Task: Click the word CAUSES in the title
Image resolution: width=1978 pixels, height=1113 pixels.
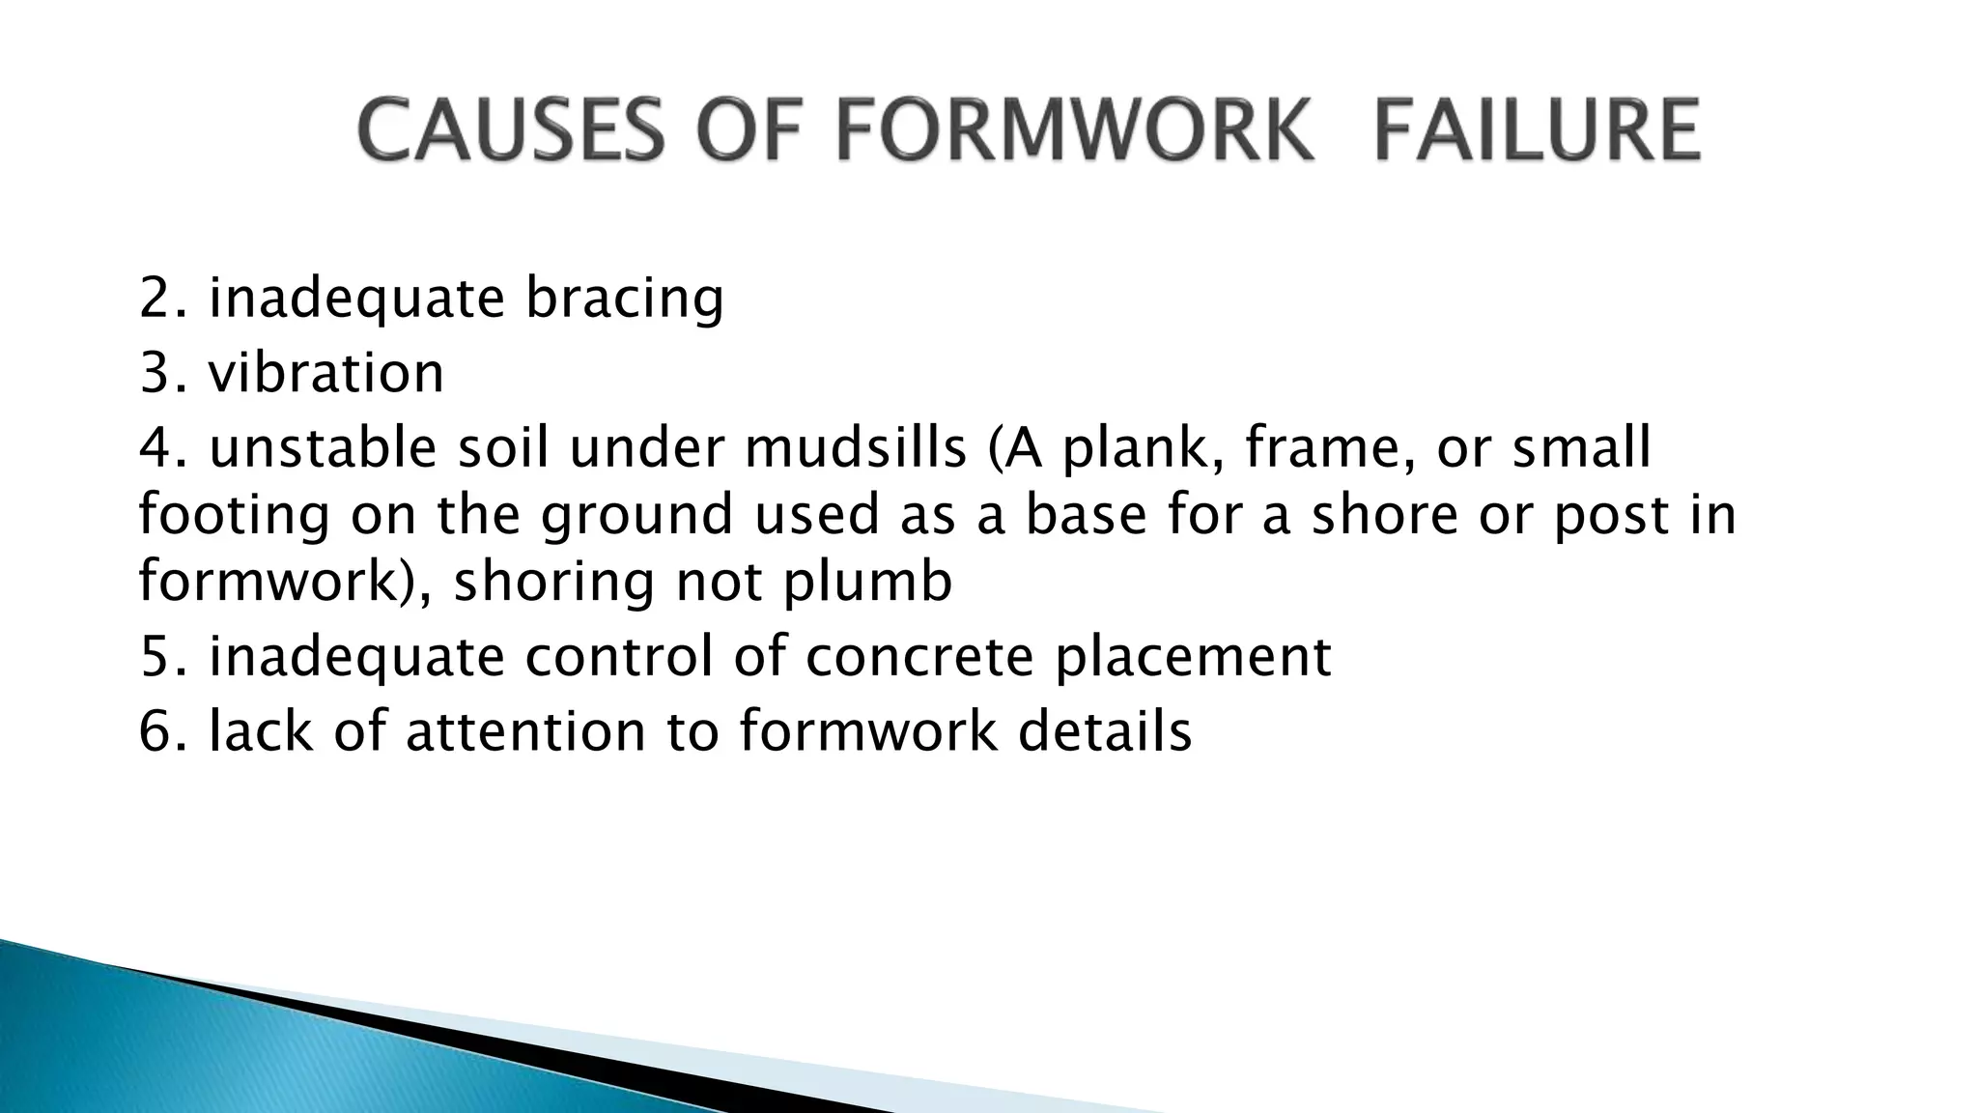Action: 511,130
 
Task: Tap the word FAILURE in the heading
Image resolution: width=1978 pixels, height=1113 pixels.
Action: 1537,130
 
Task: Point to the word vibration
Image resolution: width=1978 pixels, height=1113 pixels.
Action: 326,373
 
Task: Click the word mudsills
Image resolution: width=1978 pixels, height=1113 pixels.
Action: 856,448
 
